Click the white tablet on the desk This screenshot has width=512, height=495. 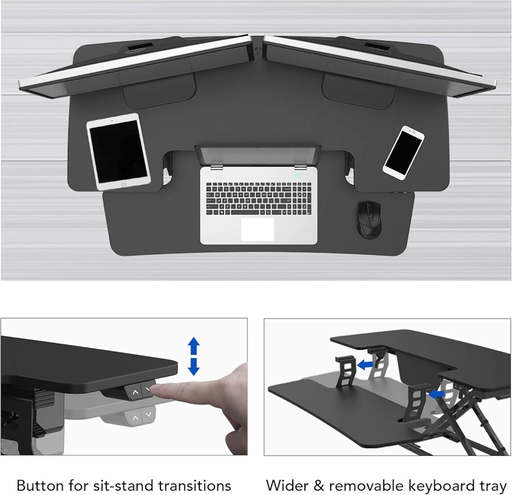click(x=118, y=152)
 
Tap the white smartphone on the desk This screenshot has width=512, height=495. click(x=404, y=153)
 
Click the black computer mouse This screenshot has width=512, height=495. click(x=369, y=220)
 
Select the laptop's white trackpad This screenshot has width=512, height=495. click(x=257, y=229)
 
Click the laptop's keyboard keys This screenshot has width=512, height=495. click(x=258, y=199)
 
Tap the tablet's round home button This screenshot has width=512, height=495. click(x=123, y=184)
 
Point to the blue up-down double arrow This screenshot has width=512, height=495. click(x=193, y=356)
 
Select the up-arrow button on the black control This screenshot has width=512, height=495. click(x=135, y=393)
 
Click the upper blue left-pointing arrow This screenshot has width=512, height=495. click(x=365, y=364)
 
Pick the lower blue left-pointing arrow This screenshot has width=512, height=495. click(x=436, y=393)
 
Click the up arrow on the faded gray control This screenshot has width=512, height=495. click(x=135, y=418)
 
